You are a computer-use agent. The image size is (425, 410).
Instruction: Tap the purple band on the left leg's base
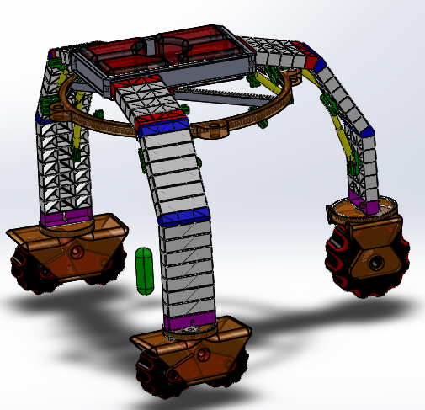pos(64,218)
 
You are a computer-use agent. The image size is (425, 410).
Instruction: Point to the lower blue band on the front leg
pos(183,216)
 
